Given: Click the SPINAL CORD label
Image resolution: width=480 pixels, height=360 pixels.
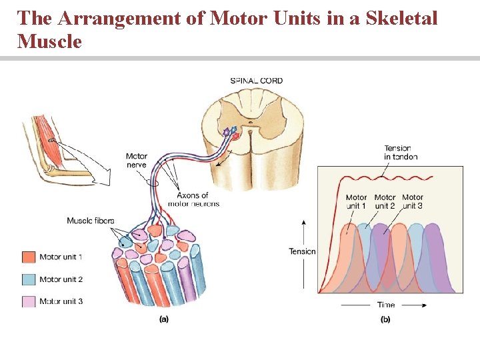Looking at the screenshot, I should coord(257,81).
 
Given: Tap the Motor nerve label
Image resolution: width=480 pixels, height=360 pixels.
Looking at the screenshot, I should coord(137,161).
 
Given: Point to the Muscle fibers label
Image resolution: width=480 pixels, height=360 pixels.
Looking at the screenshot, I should coord(91,221).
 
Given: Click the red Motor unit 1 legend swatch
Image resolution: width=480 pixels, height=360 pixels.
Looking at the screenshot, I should coord(28,257).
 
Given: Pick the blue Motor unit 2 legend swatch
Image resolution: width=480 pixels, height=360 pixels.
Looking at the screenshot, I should coord(28,279).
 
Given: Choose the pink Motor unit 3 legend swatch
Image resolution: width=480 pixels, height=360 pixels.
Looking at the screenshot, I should coord(28,301).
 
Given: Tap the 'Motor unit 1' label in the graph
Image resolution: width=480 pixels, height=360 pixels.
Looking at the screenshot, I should coord(357,201).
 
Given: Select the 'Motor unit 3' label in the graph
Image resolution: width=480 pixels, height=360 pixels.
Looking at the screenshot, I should coord(413,201).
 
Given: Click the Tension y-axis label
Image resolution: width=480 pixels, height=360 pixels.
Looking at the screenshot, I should coord(302,251).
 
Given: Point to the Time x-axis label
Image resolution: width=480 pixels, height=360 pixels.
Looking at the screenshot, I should coord(386,305).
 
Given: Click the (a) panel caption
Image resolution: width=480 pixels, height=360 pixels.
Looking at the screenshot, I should coord(164,319).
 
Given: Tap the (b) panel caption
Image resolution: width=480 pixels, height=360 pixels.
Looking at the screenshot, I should coord(385,319).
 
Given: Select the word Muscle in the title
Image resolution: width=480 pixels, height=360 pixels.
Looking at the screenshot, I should coord(50,41).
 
